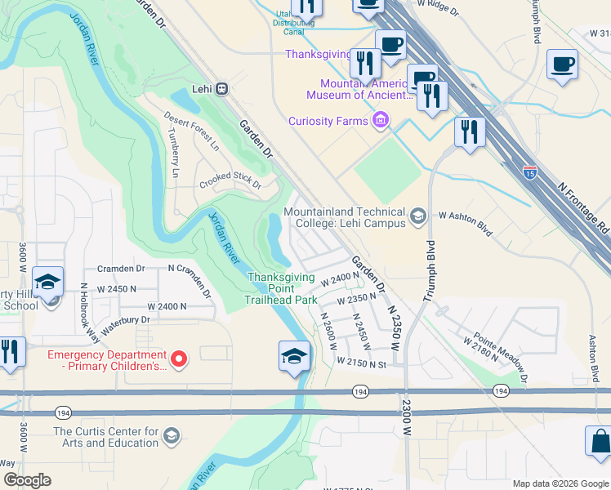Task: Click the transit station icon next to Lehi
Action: tap(221, 89)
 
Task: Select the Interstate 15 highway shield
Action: tap(530, 172)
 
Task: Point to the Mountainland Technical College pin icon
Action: tap(418, 216)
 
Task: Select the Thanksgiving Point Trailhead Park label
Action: tap(282, 288)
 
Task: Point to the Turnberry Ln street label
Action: tap(174, 156)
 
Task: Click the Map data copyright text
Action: tap(560, 483)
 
